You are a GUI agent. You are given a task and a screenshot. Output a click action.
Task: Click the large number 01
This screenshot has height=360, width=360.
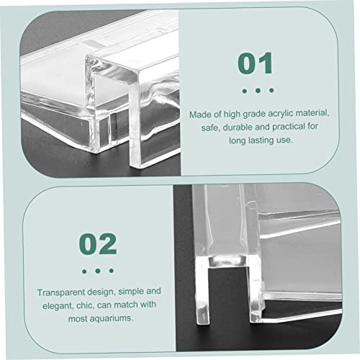pos(255,63)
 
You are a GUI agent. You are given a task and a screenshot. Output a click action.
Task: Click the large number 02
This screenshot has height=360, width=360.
pos(98,244)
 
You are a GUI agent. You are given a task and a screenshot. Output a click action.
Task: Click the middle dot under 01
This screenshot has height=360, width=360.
pos(258,91)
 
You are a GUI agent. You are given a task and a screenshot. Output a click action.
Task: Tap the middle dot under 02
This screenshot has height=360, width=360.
pos(98,271)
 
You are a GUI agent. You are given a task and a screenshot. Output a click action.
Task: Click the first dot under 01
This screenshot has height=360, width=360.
pos(245,91)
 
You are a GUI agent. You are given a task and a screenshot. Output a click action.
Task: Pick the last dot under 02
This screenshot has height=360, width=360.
pos(111,271)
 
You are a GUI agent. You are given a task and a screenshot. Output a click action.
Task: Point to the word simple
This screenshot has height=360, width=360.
pos(131,292)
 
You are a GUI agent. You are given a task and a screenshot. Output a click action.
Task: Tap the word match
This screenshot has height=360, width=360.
pos(126,305)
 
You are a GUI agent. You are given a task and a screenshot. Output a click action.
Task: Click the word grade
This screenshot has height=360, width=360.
pos(254,114)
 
